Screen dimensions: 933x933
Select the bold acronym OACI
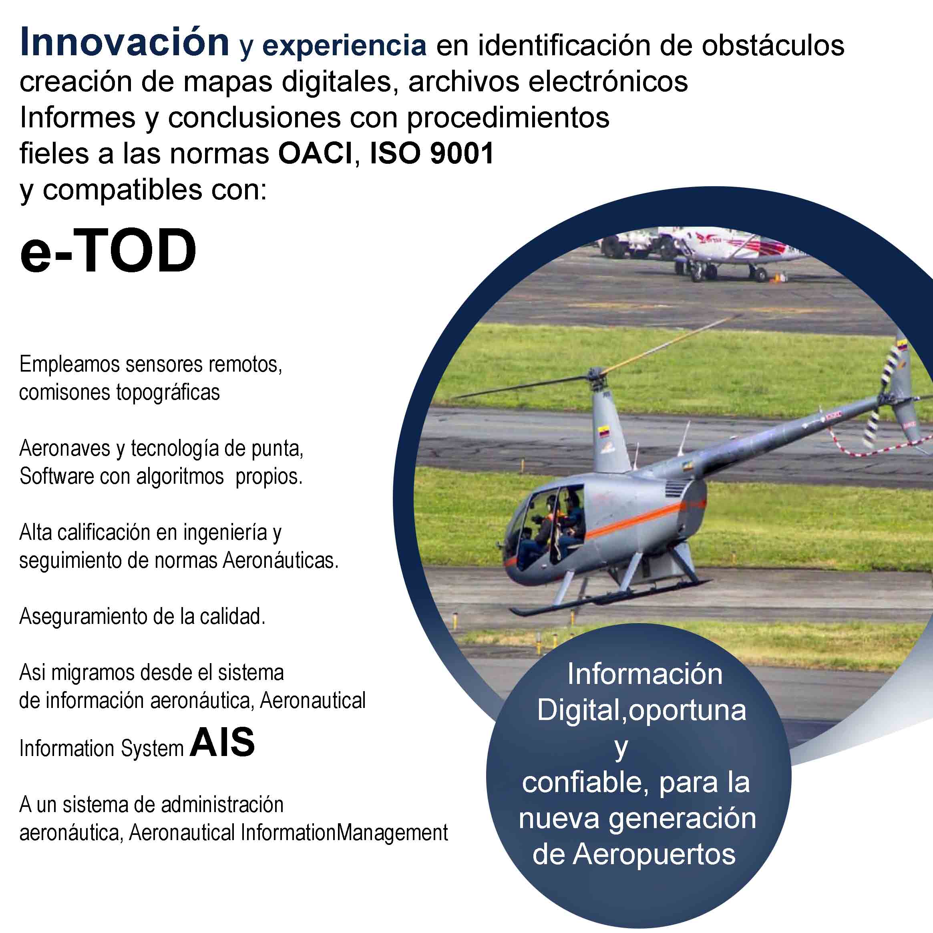click(x=316, y=154)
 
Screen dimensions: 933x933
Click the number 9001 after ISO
click(x=462, y=154)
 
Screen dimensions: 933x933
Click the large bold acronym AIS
click(x=222, y=742)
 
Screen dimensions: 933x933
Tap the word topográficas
click(x=168, y=392)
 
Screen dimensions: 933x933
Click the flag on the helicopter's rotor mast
click(x=604, y=431)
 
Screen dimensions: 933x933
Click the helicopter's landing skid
click(x=611, y=595)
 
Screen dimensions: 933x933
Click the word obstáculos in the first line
click(x=773, y=45)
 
